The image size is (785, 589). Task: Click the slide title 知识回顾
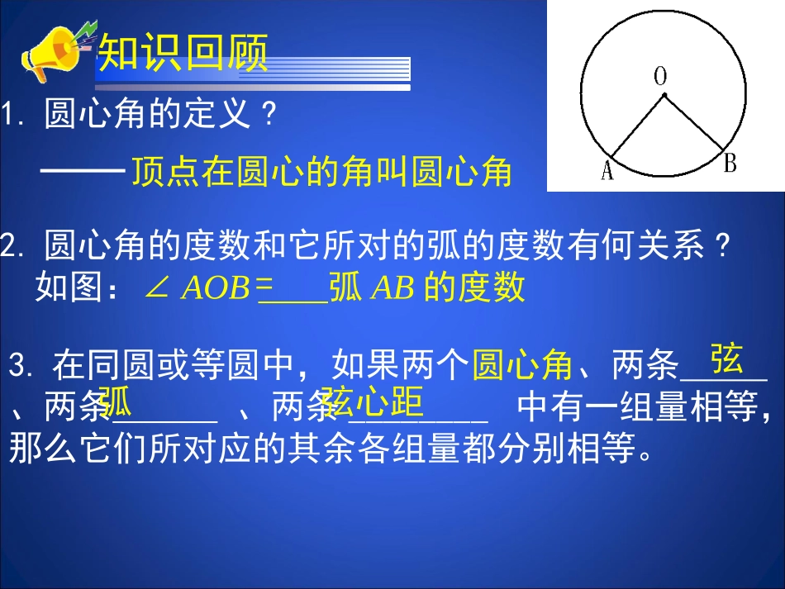pos(183,55)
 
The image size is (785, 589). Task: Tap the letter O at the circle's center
pos(660,77)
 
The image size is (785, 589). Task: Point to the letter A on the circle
pos(607,172)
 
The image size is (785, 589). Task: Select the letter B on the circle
pos(730,164)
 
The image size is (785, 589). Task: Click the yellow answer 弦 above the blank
pos(726,360)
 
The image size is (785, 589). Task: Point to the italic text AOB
pos(215,287)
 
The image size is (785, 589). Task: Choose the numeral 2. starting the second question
pos(14,245)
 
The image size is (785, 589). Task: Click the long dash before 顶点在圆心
pos(82,171)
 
